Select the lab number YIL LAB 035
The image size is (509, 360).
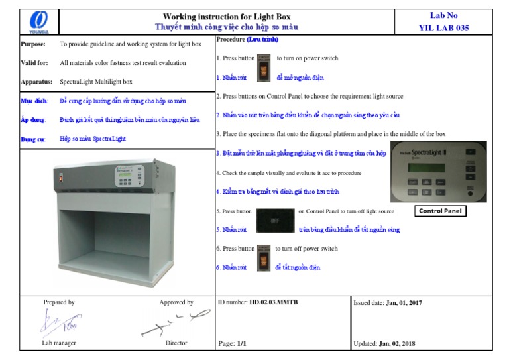click(443, 28)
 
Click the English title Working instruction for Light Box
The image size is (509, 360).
click(227, 16)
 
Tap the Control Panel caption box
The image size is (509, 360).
click(441, 211)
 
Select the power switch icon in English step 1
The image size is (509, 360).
click(264, 58)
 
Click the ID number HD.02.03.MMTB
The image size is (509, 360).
click(273, 302)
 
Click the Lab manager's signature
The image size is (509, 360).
click(59, 324)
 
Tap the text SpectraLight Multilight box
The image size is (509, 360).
click(96, 82)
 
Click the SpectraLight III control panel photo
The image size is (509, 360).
click(438, 171)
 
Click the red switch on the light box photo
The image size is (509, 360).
click(61, 178)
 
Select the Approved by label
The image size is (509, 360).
click(176, 302)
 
